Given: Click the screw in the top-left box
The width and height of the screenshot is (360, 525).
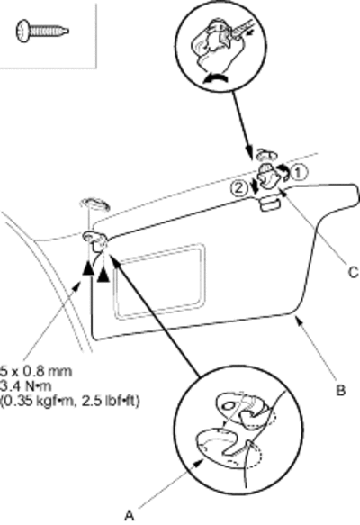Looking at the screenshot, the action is (x=41, y=32).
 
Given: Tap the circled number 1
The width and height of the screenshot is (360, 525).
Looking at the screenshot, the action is (x=299, y=173).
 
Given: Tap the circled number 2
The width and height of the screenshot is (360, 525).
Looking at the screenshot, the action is (x=238, y=188).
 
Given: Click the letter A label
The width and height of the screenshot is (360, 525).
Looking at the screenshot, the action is (x=130, y=515).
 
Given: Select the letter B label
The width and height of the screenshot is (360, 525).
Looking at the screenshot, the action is (x=340, y=391).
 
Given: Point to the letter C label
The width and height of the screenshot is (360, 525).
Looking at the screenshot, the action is (x=354, y=273).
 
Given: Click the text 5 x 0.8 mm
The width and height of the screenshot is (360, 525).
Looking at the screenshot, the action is (x=36, y=371).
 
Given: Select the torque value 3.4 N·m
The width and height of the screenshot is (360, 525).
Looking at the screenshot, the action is (x=26, y=386).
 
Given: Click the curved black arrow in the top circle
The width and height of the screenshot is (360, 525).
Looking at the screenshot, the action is (x=215, y=79).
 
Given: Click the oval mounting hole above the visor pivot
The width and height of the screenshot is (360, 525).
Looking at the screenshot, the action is (x=94, y=204).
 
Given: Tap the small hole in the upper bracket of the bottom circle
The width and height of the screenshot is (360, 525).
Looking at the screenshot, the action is (x=228, y=405).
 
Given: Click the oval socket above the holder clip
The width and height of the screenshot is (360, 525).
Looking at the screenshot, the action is (x=266, y=154).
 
